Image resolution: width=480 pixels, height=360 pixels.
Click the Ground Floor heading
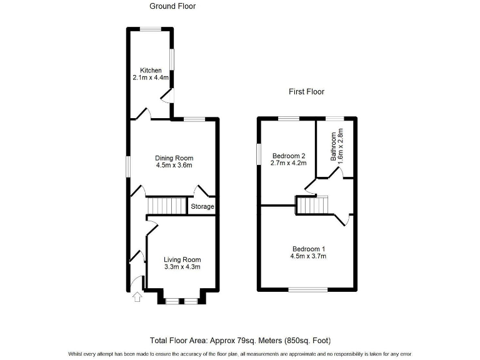point(172,6)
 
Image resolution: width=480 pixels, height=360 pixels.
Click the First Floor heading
point(306,92)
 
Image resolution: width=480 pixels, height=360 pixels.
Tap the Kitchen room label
point(151,70)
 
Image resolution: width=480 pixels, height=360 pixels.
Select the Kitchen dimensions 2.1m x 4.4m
point(151,78)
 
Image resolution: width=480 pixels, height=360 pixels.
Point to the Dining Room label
point(174,157)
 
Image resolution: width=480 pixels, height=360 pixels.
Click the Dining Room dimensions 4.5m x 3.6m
point(174,166)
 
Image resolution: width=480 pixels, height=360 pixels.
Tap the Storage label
point(202,207)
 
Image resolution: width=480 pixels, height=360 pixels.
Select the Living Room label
point(182,259)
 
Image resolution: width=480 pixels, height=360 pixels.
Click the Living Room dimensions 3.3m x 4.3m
point(182,267)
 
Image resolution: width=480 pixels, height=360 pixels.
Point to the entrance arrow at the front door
point(137,297)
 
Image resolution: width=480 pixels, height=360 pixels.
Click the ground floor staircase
point(167,206)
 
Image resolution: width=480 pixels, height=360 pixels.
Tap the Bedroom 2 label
point(288,156)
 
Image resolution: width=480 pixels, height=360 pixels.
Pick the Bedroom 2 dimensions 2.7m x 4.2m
point(288,164)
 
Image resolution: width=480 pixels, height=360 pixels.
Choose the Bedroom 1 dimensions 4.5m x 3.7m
point(308,256)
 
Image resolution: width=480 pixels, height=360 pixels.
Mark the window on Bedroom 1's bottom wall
point(307,289)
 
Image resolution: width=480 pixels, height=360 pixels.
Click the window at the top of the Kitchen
point(151,28)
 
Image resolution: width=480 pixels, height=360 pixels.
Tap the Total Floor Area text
point(240,341)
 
